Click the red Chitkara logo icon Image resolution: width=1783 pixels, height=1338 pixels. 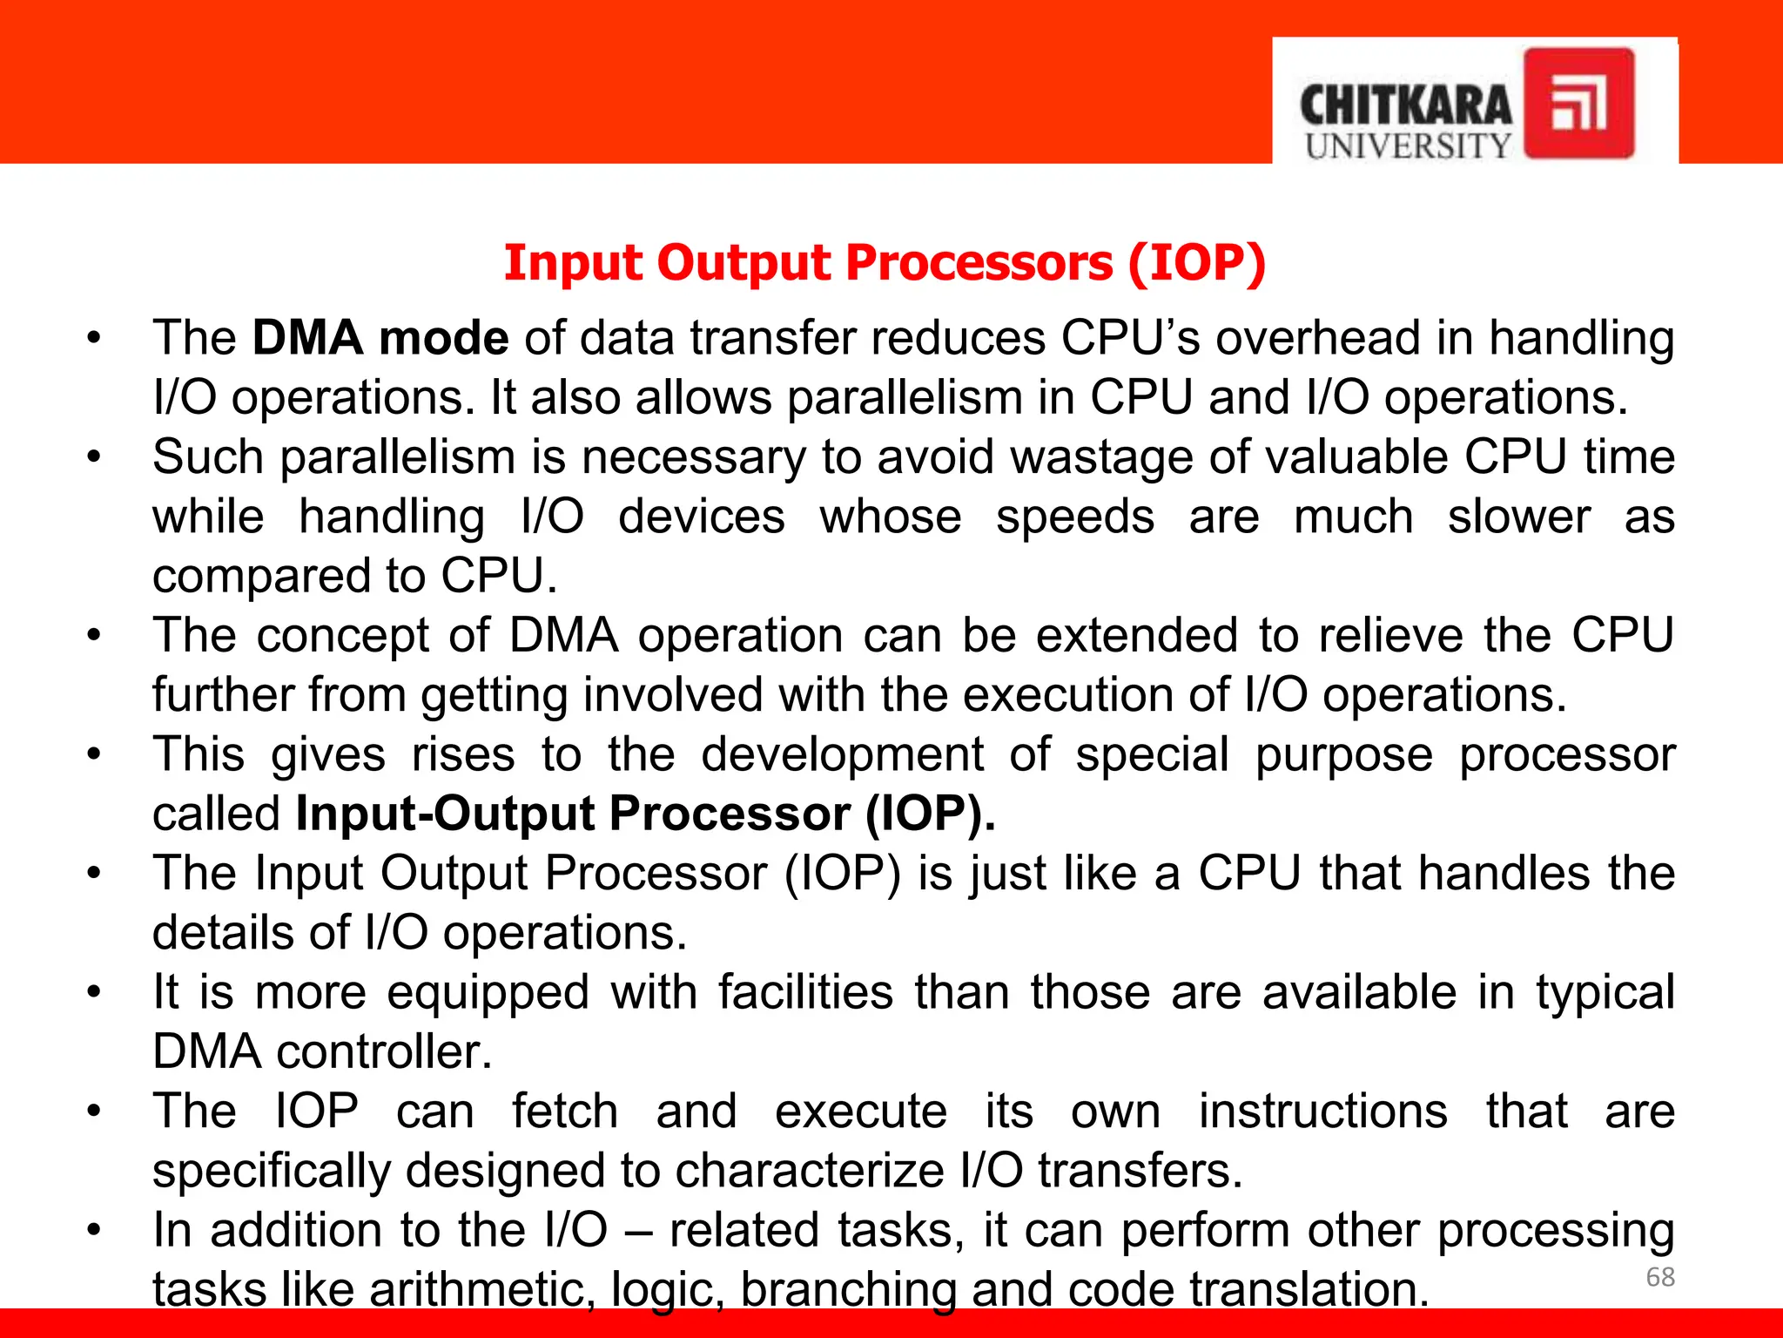tap(1578, 103)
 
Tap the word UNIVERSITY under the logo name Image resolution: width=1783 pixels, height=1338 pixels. tap(1408, 146)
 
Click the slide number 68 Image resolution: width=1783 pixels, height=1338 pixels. tap(1660, 1277)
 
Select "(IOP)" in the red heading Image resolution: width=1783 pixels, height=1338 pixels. tap(1197, 263)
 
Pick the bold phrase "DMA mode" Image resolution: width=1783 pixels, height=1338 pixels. tap(380, 338)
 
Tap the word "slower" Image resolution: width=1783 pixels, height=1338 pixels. tap(1518, 517)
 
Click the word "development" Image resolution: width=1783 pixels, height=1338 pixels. tap(842, 754)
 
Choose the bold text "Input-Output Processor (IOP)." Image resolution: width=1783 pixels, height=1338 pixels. tap(645, 814)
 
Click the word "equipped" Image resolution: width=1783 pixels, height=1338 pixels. tap(488, 993)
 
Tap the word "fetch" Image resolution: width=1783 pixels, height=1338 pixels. tap(564, 1112)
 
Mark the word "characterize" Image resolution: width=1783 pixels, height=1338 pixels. tap(809, 1171)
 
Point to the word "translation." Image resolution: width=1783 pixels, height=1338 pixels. tap(1309, 1289)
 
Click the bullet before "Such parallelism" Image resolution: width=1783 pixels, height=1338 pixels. tap(94, 457)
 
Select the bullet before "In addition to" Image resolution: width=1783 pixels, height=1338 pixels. tap(94, 1230)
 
